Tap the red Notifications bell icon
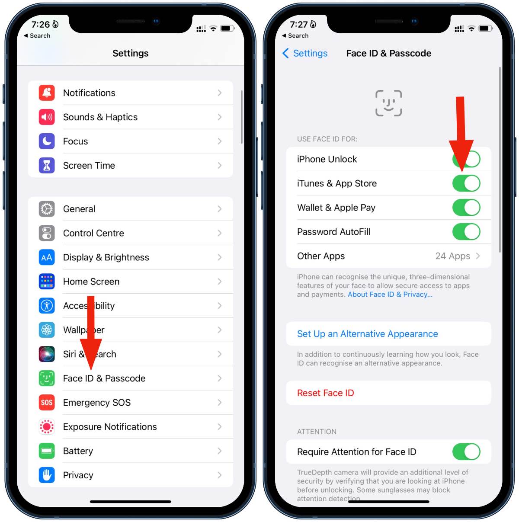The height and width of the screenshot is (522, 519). (x=47, y=93)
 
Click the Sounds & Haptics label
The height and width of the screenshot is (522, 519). (x=100, y=117)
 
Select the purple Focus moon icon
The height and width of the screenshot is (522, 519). (x=47, y=141)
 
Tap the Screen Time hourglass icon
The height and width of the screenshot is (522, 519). (x=47, y=166)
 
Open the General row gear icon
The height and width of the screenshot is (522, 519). (x=47, y=209)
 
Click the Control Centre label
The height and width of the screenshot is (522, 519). (x=93, y=233)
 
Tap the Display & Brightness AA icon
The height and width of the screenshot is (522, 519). (x=47, y=257)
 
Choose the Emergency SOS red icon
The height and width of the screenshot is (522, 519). (x=47, y=403)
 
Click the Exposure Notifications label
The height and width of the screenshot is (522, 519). (x=110, y=427)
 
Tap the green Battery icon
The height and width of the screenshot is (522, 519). (x=47, y=451)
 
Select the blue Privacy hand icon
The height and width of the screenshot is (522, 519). (x=47, y=475)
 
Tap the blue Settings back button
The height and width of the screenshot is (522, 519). (x=305, y=53)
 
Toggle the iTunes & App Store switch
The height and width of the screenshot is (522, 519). (x=466, y=183)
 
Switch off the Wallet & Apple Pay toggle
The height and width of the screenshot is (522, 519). (x=466, y=208)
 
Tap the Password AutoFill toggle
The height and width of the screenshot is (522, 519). (x=466, y=232)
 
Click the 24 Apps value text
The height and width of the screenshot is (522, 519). (x=452, y=256)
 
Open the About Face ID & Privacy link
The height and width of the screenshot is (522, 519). (x=390, y=295)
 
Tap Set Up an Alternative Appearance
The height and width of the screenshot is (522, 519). (x=367, y=334)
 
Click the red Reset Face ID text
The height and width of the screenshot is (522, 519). (x=325, y=393)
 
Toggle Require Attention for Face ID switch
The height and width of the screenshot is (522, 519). (x=466, y=452)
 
